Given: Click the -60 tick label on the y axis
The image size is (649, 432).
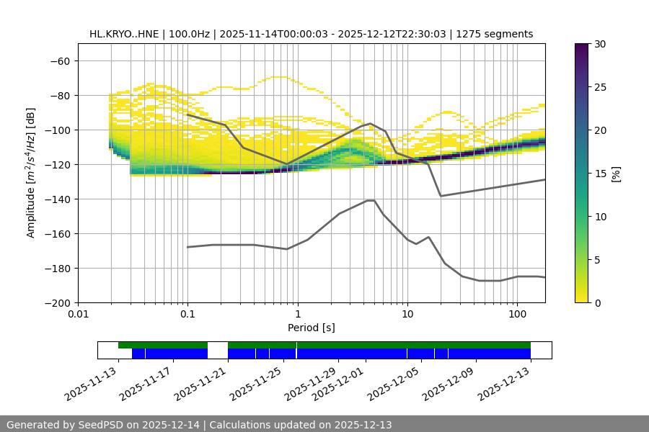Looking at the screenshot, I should pos(59,60).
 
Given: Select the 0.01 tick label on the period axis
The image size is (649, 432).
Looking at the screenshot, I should pos(78,315).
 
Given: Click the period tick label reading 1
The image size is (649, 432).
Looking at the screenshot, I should pos(297,315).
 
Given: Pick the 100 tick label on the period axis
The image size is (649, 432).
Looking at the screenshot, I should pos(517,315).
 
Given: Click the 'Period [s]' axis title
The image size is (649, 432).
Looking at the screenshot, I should pos(312,328).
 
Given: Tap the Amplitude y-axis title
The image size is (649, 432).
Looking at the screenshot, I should pos(30,173).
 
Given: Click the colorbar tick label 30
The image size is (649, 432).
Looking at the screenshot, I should pos(599,44).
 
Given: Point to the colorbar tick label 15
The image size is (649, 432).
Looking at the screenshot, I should pos(599,174).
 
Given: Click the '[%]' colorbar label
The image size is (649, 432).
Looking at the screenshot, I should pos(617,174).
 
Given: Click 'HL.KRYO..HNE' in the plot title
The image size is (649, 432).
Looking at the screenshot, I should pos(125,34).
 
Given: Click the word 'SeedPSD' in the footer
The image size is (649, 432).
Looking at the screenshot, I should pos(102,425).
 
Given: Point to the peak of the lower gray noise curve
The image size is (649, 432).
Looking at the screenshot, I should pos(371,200).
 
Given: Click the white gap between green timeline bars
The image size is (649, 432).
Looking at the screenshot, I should pos(218,346).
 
